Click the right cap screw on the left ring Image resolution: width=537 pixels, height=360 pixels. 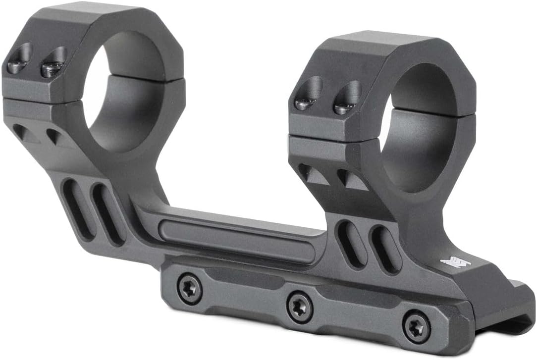click(x=52, y=67)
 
